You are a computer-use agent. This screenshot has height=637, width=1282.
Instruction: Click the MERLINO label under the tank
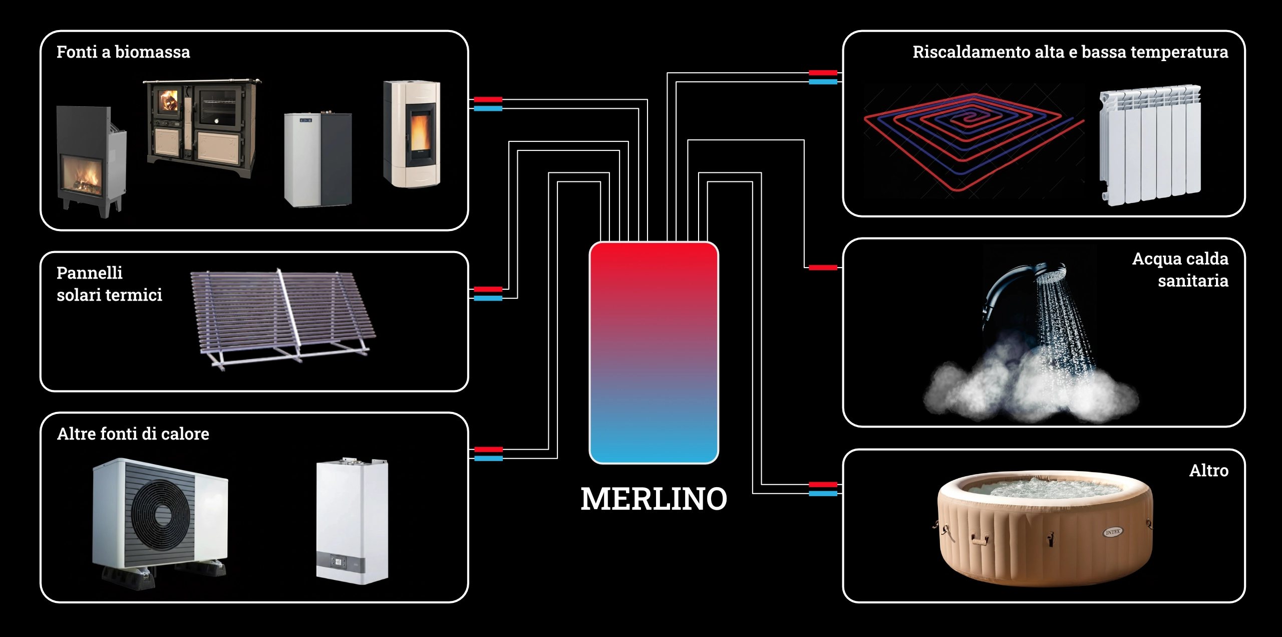(654, 499)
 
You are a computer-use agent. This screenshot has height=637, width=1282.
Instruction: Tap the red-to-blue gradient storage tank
(654, 353)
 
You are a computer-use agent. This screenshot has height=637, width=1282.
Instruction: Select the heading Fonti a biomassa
(123, 52)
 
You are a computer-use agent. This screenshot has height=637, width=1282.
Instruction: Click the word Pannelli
(90, 273)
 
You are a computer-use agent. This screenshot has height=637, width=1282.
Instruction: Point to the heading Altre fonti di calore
(133, 434)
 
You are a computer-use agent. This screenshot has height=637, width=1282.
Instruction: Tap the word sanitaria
(1193, 281)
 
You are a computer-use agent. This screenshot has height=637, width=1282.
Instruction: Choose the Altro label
(1209, 470)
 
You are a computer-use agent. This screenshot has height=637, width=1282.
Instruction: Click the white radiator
(1150, 145)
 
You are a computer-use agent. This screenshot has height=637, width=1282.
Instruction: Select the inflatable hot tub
(1045, 528)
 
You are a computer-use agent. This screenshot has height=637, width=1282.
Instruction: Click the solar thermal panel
(283, 319)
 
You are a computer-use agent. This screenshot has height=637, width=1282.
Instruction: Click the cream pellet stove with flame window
(412, 134)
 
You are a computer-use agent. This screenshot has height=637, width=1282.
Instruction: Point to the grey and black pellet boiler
(318, 159)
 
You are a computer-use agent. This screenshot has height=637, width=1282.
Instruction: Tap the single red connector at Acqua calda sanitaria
(823, 268)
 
